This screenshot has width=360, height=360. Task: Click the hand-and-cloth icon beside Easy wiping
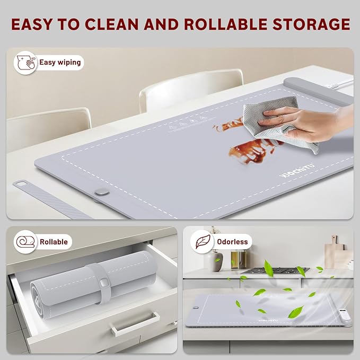(x=25, y=63)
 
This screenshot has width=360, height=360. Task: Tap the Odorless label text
(x=232, y=242)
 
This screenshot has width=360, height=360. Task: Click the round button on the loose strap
(x=100, y=194)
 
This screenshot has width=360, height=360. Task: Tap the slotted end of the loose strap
(x=22, y=184)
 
